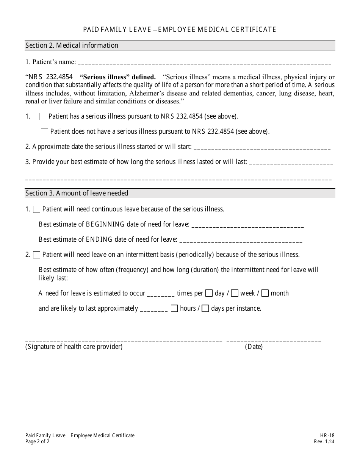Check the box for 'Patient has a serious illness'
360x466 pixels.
(x=42, y=117)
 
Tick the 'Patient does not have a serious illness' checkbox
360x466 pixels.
(x=44, y=132)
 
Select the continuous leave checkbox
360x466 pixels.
(x=37, y=209)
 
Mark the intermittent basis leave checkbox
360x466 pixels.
(x=37, y=255)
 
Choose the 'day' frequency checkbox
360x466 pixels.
(x=209, y=293)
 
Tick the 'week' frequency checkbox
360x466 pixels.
(x=235, y=293)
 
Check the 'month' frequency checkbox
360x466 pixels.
(x=265, y=293)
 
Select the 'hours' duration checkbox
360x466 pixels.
(x=174, y=308)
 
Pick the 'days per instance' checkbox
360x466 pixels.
(x=205, y=308)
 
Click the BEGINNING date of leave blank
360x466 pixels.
(x=248, y=225)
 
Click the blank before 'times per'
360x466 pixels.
(x=161, y=294)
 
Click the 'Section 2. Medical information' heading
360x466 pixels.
(x=72, y=45)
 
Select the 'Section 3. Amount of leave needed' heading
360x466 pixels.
(x=77, y=193)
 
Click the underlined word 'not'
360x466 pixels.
(x=91, y=132)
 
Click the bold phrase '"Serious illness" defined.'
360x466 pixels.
(x=117, y=77)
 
